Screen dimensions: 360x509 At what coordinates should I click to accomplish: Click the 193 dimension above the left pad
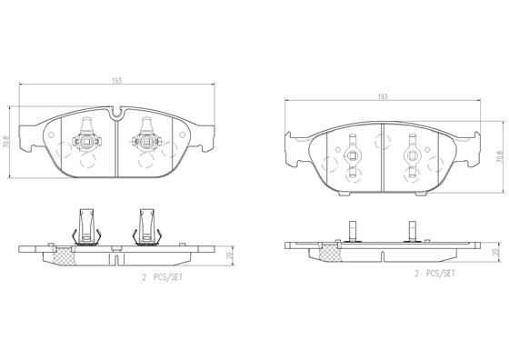click(116, 82)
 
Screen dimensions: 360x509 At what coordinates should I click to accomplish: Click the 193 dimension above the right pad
click(383, 95)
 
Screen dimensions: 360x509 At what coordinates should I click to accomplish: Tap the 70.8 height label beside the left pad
click(7, 143)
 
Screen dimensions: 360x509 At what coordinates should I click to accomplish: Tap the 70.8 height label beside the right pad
click(499, 156)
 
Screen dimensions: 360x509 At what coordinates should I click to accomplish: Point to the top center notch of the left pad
click(117, 113)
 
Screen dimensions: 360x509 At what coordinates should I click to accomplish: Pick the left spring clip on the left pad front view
click(88, 139)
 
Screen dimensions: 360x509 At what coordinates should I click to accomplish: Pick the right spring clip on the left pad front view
click(145, 139)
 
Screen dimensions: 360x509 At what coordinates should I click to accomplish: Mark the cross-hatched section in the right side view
click(325, 225)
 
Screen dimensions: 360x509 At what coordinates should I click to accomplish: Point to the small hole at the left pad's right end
click(186, 139)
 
